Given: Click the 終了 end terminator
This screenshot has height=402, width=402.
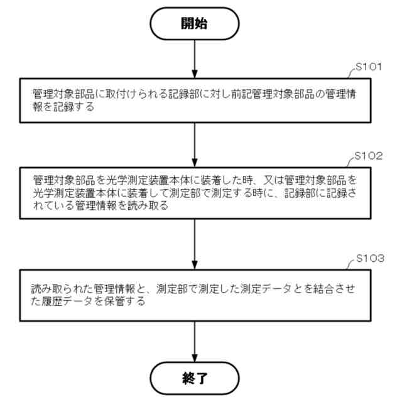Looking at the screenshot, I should pos(195,378).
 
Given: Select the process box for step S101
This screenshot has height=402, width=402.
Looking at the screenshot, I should pos(195,100).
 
